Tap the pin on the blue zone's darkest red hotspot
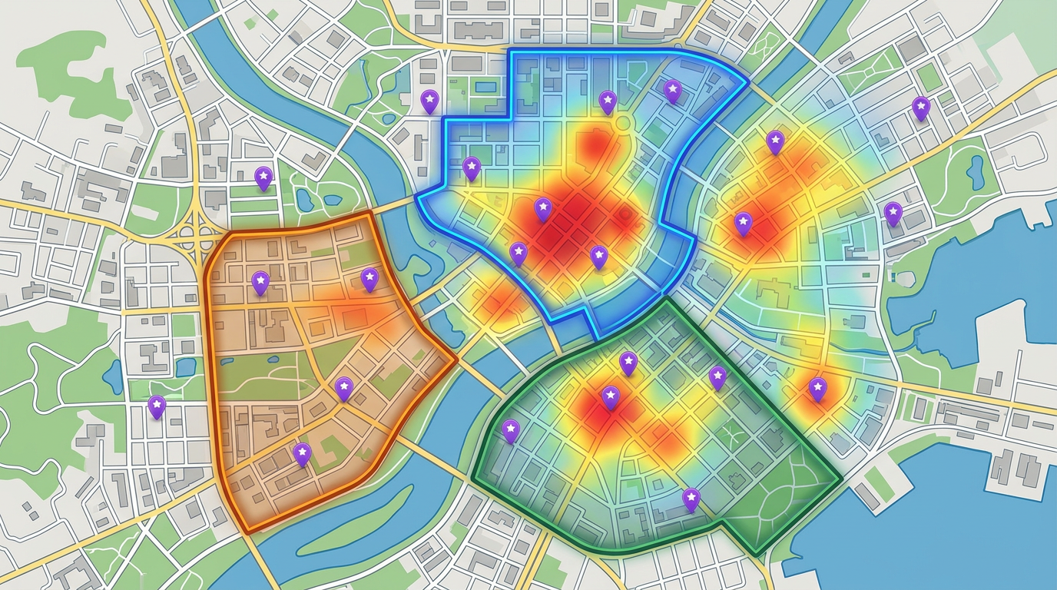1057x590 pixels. (543, 208)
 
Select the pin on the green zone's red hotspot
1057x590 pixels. (611, 396)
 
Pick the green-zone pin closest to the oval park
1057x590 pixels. (691, 499)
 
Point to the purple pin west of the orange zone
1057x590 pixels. (157, 406)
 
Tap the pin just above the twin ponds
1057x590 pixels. (263, 178)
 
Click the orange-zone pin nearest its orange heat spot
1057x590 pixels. (370, 280)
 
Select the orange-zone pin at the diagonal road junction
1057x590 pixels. (344, 389)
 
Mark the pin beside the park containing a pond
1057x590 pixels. (893, 213)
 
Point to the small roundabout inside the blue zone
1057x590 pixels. (621, 122)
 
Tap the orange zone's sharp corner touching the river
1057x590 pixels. (456, 357)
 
